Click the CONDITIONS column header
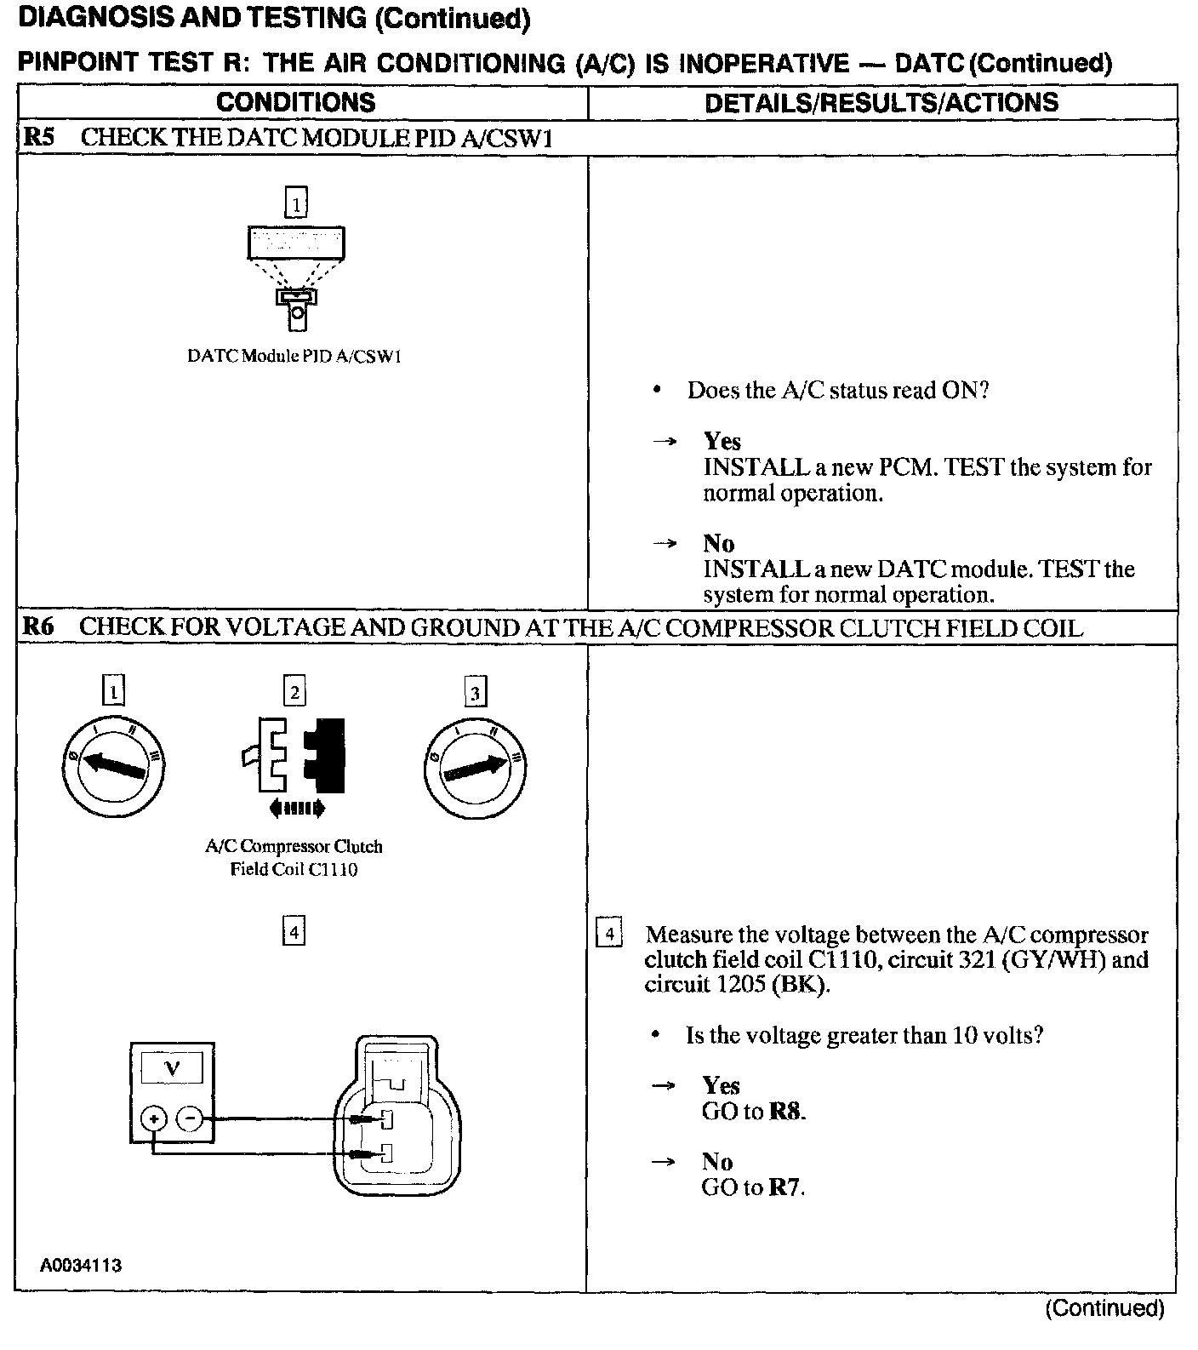[x=295, y=103]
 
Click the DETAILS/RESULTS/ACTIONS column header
[x=881, y=103]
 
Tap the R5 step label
[x=38, y=138]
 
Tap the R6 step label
[x=38, y=628]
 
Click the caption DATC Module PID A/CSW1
[x=294, y=357]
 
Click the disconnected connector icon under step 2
[x=294, y=755]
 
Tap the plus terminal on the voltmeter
[x=154, y=1118]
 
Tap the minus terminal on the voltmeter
[x=191, y=1118]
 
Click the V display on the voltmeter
[x=173, y=1067]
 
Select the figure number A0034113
[x=81, y=1265]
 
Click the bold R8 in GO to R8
[x=785, y=1112]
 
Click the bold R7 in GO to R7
[x=784, y=1187]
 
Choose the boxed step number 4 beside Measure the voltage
[x=609, y=934]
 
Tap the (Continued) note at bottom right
[x=1104, y=1308]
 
